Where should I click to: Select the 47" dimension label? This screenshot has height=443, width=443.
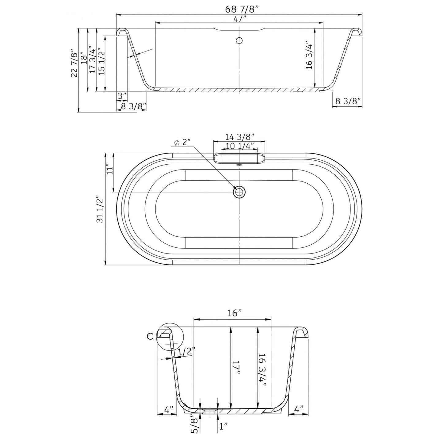(x=240, y=19)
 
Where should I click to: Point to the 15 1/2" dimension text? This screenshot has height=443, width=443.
(x=101, y=62)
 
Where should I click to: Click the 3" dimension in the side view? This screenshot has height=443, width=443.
(x=122, y=96)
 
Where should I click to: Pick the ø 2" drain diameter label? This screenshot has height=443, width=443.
(x=182, y=143)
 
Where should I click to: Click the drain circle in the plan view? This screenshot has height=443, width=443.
(x=239, y=192)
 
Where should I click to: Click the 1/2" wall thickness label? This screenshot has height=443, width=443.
(x=186, y=352)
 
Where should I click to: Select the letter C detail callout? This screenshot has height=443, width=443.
(x=150, y=336)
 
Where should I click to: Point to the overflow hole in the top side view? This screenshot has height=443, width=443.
(x=239, y=40)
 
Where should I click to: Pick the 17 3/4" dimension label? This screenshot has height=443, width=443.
(x=92, y=60)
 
